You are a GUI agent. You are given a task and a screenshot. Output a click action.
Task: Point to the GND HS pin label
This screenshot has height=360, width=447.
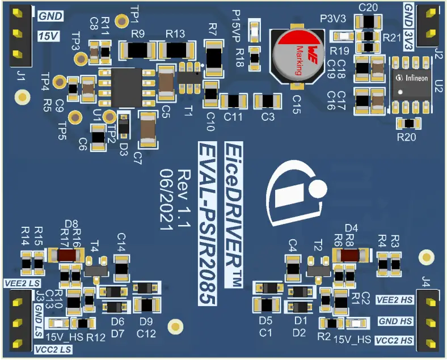pos(395,321)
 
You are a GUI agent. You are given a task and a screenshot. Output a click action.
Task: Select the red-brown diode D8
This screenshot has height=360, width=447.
pos(68,256)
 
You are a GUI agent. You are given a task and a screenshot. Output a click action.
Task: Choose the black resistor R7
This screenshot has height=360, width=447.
pos(214,58)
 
